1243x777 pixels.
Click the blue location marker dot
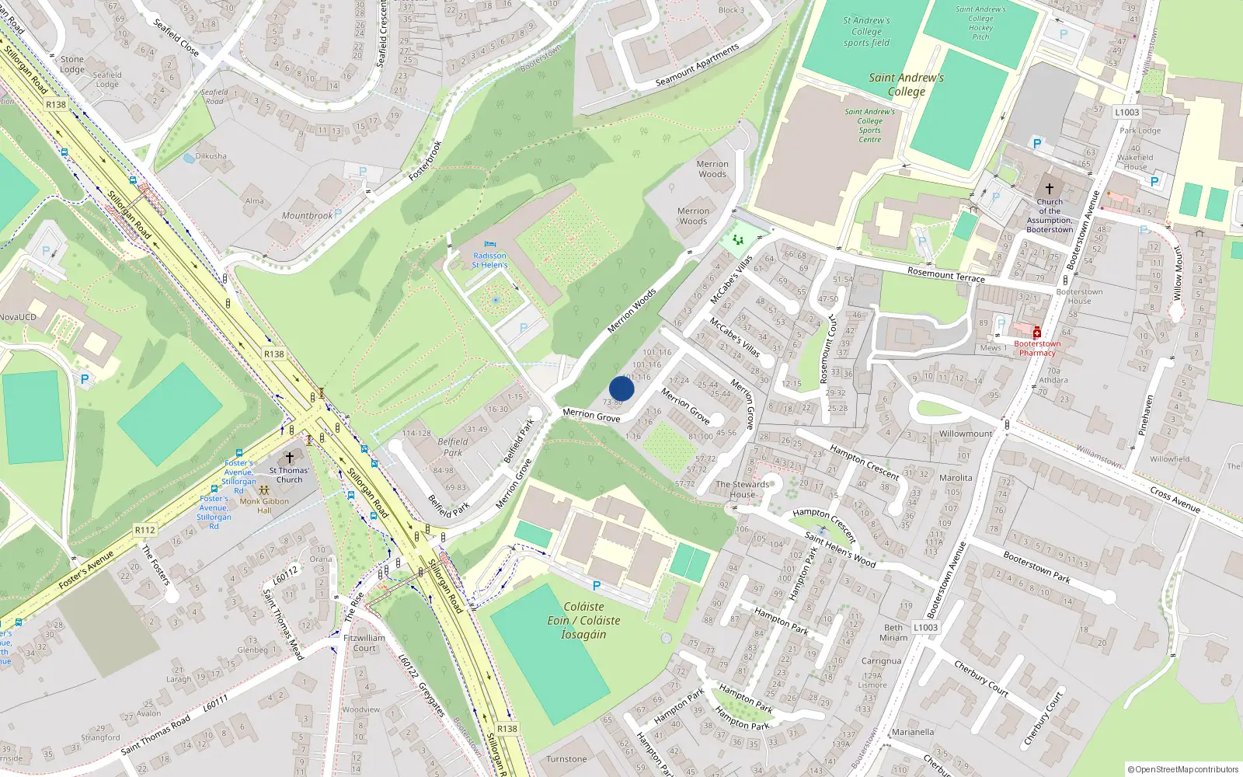pos(621,388)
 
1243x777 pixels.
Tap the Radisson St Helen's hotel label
pos(489,260)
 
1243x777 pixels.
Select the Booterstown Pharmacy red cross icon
pos(1036,333)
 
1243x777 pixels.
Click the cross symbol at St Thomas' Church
pos(290,458)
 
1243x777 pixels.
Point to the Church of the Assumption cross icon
pos(1050,189)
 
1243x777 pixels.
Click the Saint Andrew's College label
pos(907,84)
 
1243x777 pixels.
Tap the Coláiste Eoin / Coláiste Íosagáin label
pos(583,620)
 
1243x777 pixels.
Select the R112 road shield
pos(145,530)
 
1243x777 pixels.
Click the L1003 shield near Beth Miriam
pos(925,627)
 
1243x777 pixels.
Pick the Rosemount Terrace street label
pos(945,274)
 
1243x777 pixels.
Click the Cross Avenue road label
pos(1175,500)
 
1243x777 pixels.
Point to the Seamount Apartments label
pos(697,66)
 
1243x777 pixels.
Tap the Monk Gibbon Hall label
pos(264,506)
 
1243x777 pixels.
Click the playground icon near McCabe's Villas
pos(737,240)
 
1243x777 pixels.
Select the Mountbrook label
pos(307,216)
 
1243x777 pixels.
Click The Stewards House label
pos(742,489)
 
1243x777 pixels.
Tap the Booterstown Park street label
pos(1036,567)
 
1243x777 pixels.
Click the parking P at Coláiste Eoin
pos(597,586)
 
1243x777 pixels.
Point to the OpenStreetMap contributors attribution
pos(1182,769)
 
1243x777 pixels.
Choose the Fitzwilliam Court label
pos(364,643)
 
